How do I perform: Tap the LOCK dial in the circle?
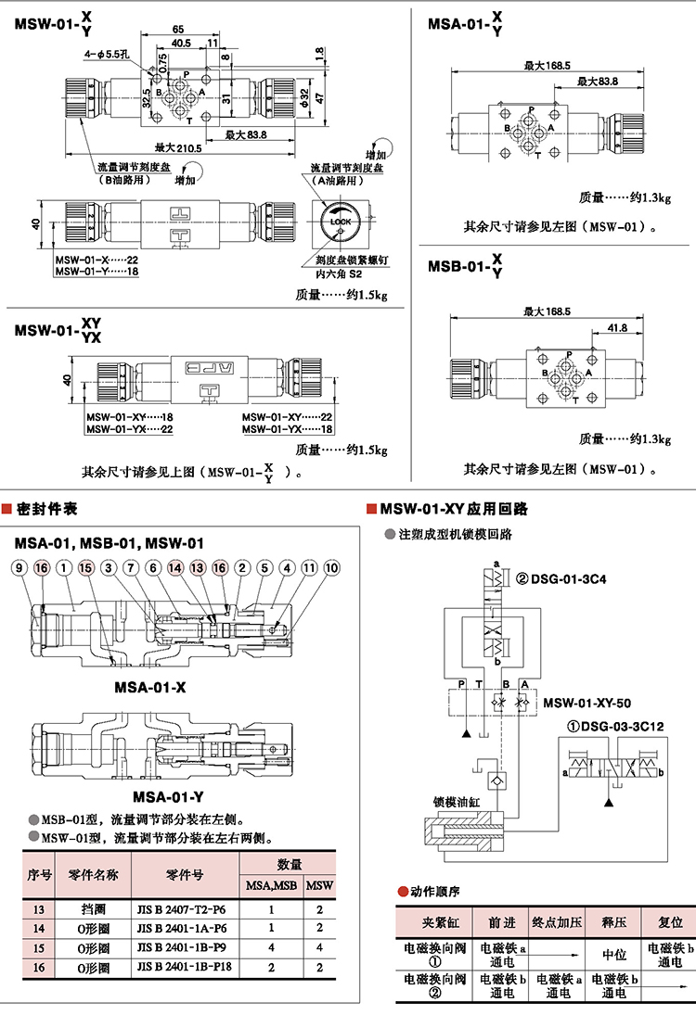[x=340, y=222]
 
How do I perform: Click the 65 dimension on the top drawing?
[x=177, y=30]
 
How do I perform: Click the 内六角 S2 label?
[x=339, y=274]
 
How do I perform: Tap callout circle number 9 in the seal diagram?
[x=19, y=567]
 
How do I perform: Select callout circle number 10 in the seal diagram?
[x=331, y=567]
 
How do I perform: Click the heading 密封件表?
[x=46, y=509]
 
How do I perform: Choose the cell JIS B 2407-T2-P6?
[x=182, y=910]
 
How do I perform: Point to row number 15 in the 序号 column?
[x=38, y=948]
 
